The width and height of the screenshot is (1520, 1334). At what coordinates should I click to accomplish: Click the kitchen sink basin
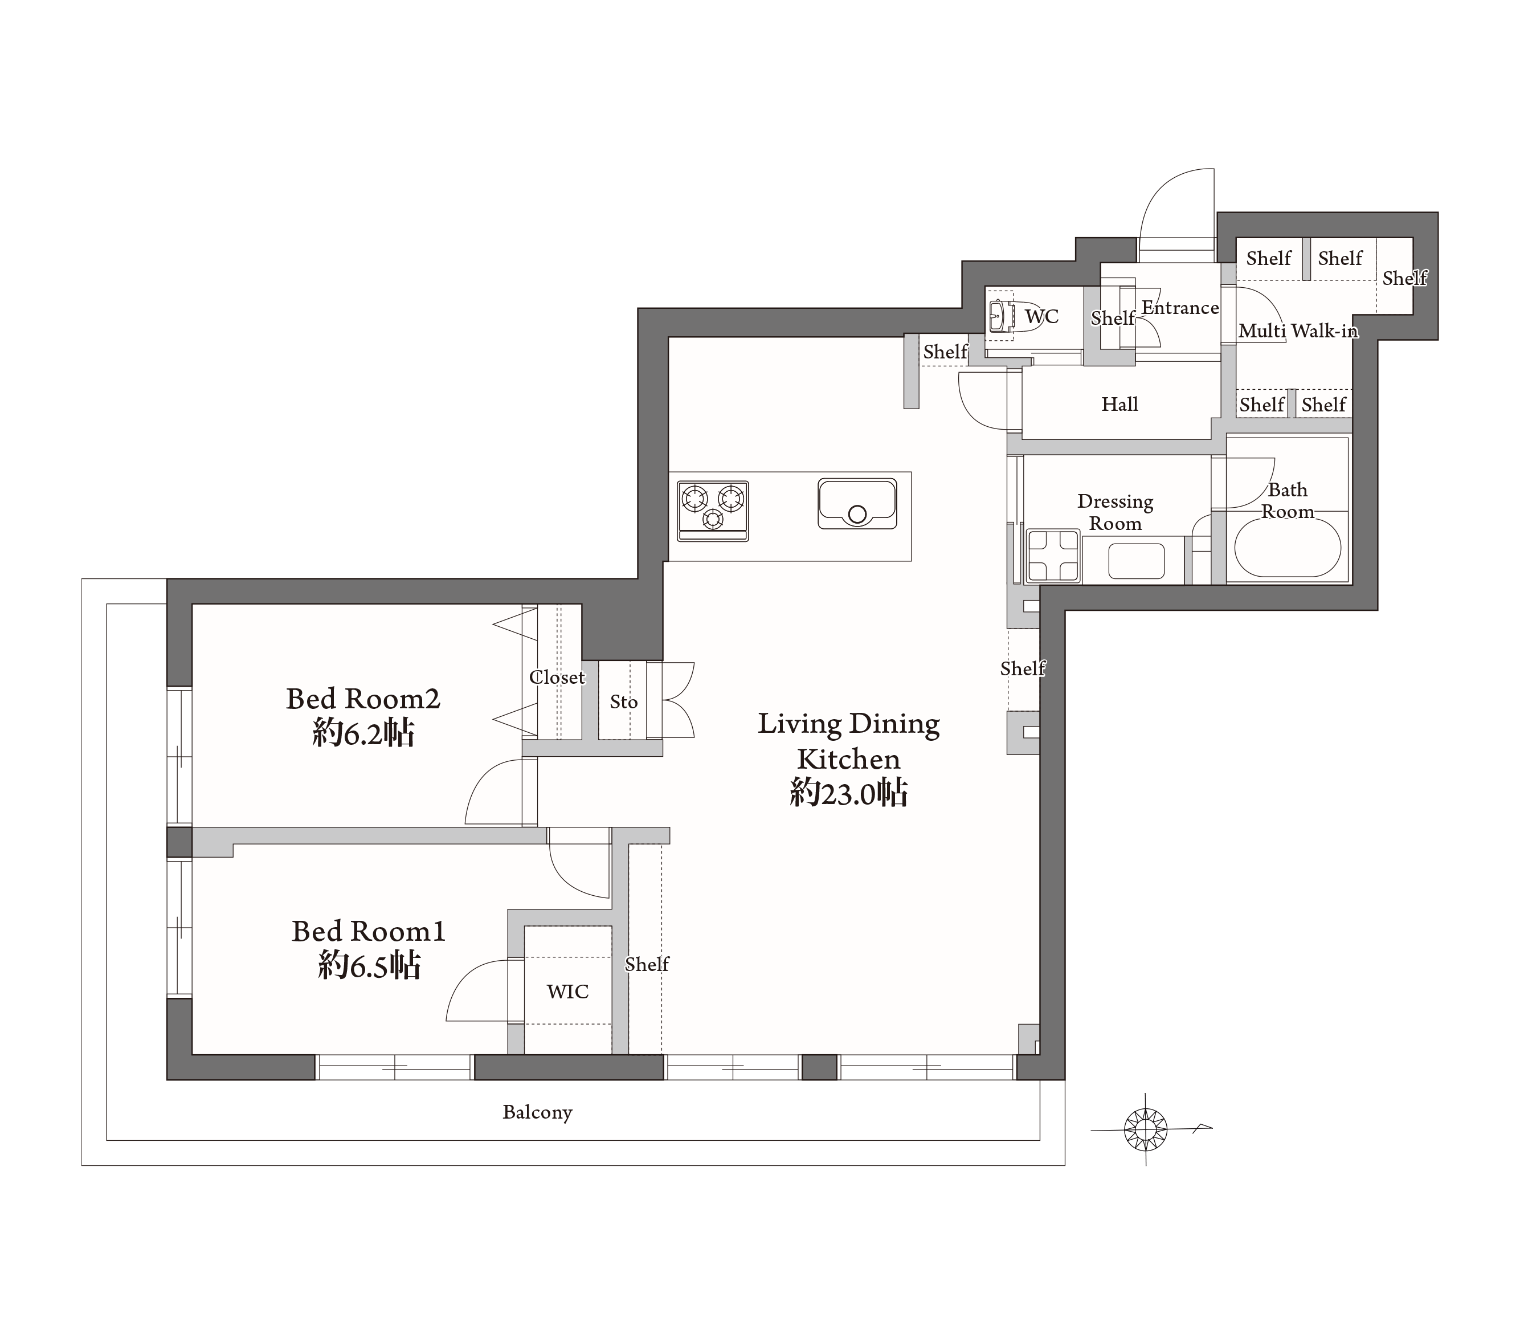tap(857, 504)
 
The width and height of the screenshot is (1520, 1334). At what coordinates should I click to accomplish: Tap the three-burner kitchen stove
tap(712, 511)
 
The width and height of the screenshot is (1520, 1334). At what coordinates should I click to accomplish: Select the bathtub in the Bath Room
tap(1287, 547)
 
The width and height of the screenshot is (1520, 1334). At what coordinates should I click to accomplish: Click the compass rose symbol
tap(1146, 1129)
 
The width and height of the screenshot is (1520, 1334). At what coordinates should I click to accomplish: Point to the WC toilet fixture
tap(999, 316)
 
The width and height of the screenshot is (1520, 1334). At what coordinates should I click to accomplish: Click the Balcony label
tap(537, 1112)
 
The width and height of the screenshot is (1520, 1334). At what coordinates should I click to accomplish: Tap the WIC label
tap(567, 991)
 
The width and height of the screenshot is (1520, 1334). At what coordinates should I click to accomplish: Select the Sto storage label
tap(623, 701)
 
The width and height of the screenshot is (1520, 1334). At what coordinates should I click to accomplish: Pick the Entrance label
tap(1179, 307)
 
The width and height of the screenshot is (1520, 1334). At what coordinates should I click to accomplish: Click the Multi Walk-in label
tap(1298, 331)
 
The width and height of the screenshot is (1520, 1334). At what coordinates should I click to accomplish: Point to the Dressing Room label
tap(1115, 512)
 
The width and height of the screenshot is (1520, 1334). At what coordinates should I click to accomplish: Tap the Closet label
tap(557, 677)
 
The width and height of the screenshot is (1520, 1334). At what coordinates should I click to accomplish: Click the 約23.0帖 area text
tap(848, 793)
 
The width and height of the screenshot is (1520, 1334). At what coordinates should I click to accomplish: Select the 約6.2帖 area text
tap(363, 733)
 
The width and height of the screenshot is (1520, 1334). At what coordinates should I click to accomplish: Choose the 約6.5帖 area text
tap(369, 965)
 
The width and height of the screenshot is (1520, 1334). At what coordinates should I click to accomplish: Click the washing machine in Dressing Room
tap(1052, 555)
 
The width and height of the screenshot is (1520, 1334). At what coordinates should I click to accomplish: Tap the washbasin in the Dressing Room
tap(1135, 561)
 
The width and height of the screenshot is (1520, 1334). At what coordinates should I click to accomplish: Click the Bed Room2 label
tap(363, 699)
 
